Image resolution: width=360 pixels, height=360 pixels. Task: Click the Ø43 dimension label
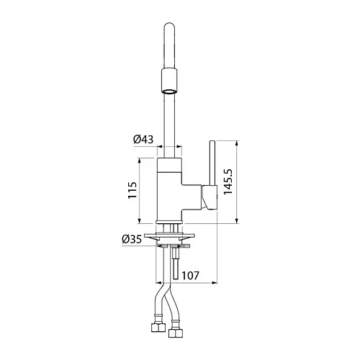143,140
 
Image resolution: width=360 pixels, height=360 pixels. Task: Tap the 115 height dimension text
132,190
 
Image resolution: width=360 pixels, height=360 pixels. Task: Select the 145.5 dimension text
228,181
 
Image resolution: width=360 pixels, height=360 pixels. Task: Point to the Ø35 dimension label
132,239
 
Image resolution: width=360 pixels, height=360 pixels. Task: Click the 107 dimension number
190,276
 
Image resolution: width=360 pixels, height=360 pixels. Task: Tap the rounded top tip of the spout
170,23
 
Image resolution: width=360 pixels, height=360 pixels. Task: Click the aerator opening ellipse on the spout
170,91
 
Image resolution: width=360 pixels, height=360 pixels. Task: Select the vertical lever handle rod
212,163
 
